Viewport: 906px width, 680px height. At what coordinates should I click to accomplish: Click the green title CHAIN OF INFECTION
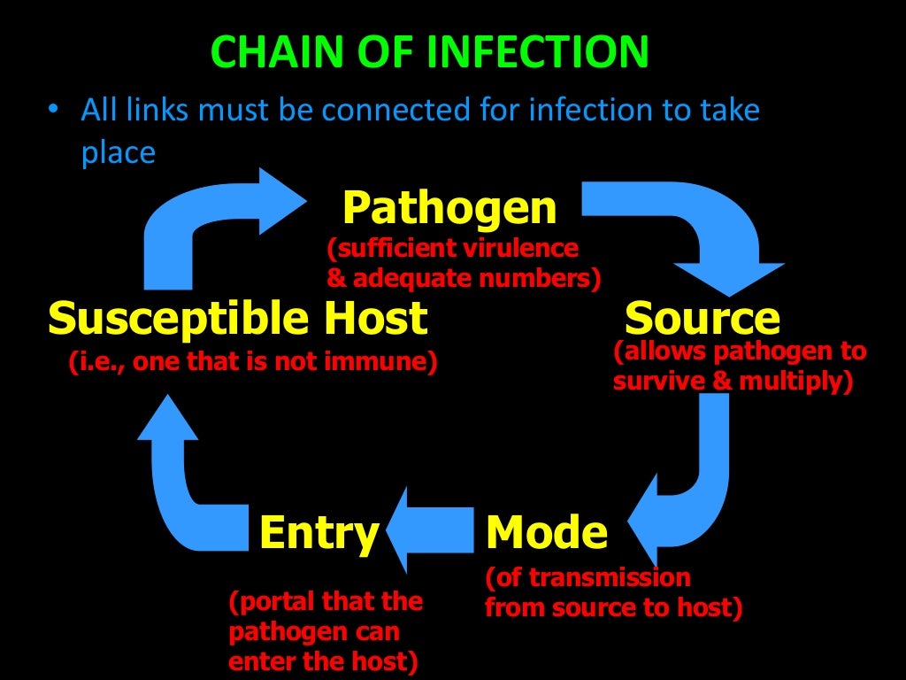coord(430,52)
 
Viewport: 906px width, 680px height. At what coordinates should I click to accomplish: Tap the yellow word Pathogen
coord(449,209)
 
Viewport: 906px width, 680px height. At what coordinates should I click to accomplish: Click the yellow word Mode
coord(547,533)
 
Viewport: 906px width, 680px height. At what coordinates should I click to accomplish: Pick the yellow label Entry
coord(319,533)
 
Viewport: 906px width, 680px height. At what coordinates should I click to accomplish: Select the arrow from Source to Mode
coord(699,469)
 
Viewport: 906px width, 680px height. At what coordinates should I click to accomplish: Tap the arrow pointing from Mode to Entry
coord(434,531)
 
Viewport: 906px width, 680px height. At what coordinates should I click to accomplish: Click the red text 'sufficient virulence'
coord(453,248)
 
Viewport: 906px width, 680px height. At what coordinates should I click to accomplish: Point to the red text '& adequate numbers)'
coord(464,279)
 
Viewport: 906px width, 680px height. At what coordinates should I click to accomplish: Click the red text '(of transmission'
coord(587,578)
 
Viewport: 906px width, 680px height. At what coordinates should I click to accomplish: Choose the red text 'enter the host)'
coord(323,661)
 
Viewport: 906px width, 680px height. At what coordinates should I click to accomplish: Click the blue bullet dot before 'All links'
coord(54,111)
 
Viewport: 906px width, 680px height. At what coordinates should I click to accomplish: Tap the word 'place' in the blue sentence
coord(119,153)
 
